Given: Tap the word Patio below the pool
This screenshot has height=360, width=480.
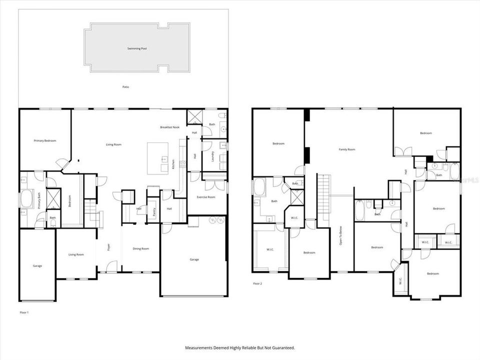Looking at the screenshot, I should click(x=126, y=87).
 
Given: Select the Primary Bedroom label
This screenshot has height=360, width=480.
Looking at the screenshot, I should click(x=45, y=141).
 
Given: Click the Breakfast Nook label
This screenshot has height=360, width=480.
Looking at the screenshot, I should click(x=170, y=127).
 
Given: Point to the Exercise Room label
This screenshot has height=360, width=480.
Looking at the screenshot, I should click(x=205, y=197).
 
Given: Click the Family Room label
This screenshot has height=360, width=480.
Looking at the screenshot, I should click(x=347, y=149).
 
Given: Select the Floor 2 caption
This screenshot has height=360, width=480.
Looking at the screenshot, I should click(x=257, y=283).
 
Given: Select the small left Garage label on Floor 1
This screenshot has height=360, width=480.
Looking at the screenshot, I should click(x=37, y=265).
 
